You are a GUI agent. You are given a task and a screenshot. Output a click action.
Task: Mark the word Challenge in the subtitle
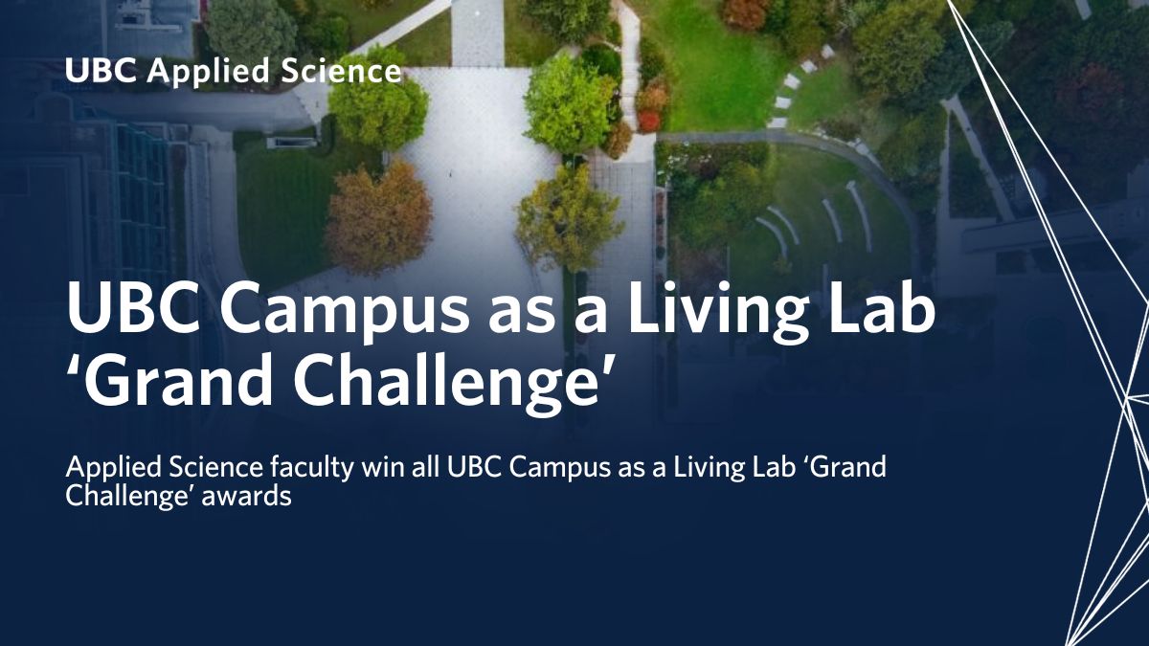click(x=120, y=498)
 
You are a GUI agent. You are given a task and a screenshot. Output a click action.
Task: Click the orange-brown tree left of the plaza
click(x=379, y=217)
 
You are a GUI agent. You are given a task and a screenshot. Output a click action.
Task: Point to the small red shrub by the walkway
click(x=649, y=121)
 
